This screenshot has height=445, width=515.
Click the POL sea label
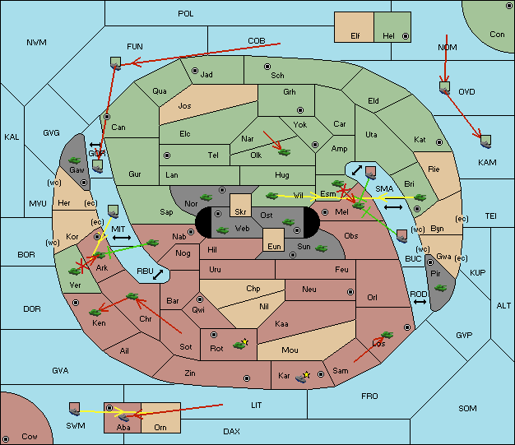[186, 14]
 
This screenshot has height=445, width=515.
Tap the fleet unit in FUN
[116, 63]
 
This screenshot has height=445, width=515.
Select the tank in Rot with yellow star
[240, 344]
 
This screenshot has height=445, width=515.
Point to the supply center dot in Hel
[406, 36]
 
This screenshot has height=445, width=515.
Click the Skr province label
[240, 212]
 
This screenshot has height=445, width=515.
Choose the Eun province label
[274, 246]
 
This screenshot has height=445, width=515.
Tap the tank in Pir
[440, 288]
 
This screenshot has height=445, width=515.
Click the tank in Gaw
[75, 160]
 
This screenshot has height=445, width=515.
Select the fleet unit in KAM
[485, 141]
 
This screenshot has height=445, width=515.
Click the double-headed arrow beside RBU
[158, 275]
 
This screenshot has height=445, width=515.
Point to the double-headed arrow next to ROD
[420, 302]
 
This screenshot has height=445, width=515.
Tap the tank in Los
[387, 335]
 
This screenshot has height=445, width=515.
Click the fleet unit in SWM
[75, 409]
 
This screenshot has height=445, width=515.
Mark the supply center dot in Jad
[195, 71]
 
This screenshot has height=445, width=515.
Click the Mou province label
[290, 350]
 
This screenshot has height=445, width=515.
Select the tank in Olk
[285, 152]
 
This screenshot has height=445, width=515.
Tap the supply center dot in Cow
[6, 439]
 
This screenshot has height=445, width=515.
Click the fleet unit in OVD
[444, 88]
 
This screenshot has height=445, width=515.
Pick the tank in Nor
[206, 197]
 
